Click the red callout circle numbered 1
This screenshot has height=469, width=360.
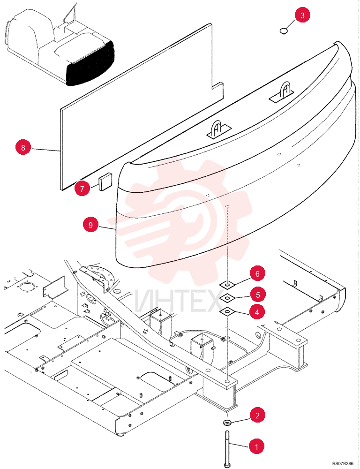point(256,447)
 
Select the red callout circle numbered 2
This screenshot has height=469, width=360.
point(257,415)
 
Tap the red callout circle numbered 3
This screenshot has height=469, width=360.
point(302,15)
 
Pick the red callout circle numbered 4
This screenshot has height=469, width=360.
point(257,312)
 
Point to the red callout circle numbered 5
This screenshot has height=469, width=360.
point(257,295)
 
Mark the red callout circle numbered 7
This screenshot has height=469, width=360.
point(82,189)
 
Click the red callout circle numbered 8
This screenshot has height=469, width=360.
point(23,147)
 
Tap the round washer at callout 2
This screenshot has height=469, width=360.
point(227,423)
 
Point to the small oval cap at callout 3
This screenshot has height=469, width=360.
point(284,30)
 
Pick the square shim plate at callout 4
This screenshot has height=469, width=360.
point(227,312)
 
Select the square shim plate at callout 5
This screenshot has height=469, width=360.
point(227,298)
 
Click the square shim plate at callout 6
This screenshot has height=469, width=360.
point(227,285)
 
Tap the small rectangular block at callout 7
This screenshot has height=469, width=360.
point(105,181)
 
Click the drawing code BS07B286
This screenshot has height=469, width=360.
point(342,464)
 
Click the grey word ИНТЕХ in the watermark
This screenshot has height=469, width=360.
point(179,301)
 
